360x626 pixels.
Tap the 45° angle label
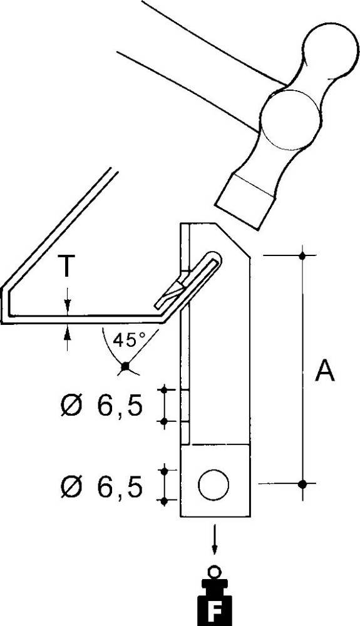coord(128,341)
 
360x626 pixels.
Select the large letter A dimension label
coord(324,371)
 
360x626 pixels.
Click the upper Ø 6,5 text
coord(101,406)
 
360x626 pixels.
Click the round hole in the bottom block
coord(213,485)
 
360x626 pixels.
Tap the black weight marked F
coord(215,602)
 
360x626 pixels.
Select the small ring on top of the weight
coord(215,571)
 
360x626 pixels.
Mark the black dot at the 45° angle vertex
coord(126,366)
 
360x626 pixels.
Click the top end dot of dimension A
coord(302,255)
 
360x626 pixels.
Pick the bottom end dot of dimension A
coord(302,484)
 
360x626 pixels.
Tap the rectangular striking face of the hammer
coord(245,201)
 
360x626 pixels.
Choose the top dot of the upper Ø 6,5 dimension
coord(165,390)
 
